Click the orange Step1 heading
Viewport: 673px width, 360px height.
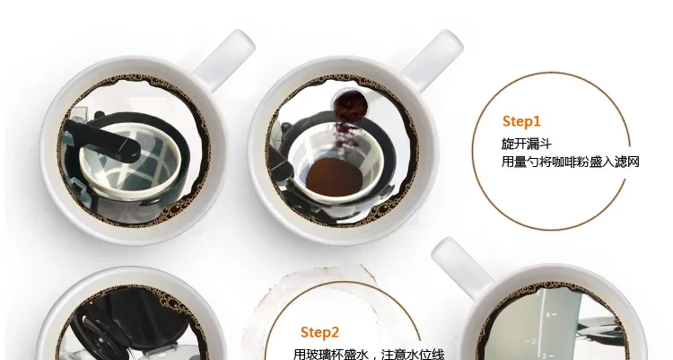pos(521,121)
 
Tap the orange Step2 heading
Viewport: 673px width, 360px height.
pos(319,332)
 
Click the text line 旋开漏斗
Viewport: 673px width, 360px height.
pos(526,144)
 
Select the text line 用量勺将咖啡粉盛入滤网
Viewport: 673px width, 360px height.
pos(571,162)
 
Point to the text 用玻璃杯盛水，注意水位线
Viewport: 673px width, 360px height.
pos(369,355)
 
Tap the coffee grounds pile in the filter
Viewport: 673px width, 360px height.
pos(334,177)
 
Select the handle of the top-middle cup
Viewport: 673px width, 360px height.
pos(433,58)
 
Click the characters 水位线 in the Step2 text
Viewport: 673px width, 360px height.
pos(427,355)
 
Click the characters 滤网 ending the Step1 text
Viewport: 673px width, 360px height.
pos(628,162)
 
